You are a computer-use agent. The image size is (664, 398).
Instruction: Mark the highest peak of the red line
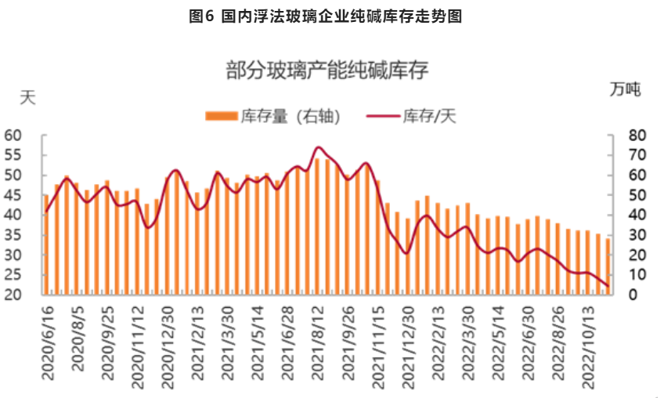coord(318,147)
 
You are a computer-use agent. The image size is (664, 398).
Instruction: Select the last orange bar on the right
coord(608,266)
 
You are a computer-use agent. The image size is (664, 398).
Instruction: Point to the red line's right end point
coord(608,286)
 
